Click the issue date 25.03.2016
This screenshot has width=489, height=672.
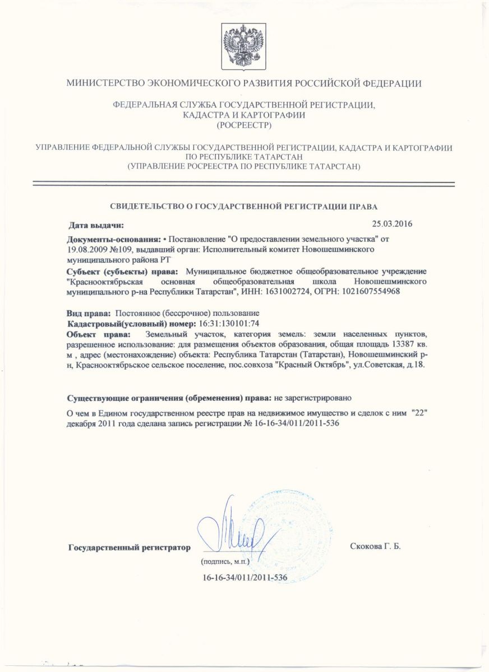392,225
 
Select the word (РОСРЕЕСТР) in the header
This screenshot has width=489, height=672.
244,125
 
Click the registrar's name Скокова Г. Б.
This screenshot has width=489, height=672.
375,545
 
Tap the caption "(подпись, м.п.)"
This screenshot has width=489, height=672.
224,561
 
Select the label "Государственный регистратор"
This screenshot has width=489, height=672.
129,547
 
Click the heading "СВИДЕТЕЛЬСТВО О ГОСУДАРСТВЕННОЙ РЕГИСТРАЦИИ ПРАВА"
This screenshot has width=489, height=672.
244,206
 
